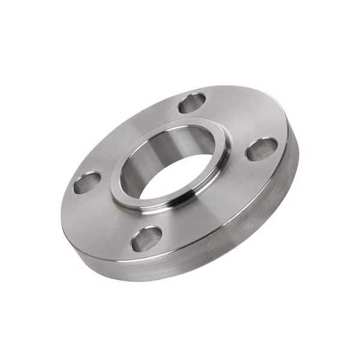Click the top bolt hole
coord(192,103)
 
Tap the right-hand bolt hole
coord(262,149)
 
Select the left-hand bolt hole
coord(88,182)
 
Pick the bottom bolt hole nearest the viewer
coord(147,238)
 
